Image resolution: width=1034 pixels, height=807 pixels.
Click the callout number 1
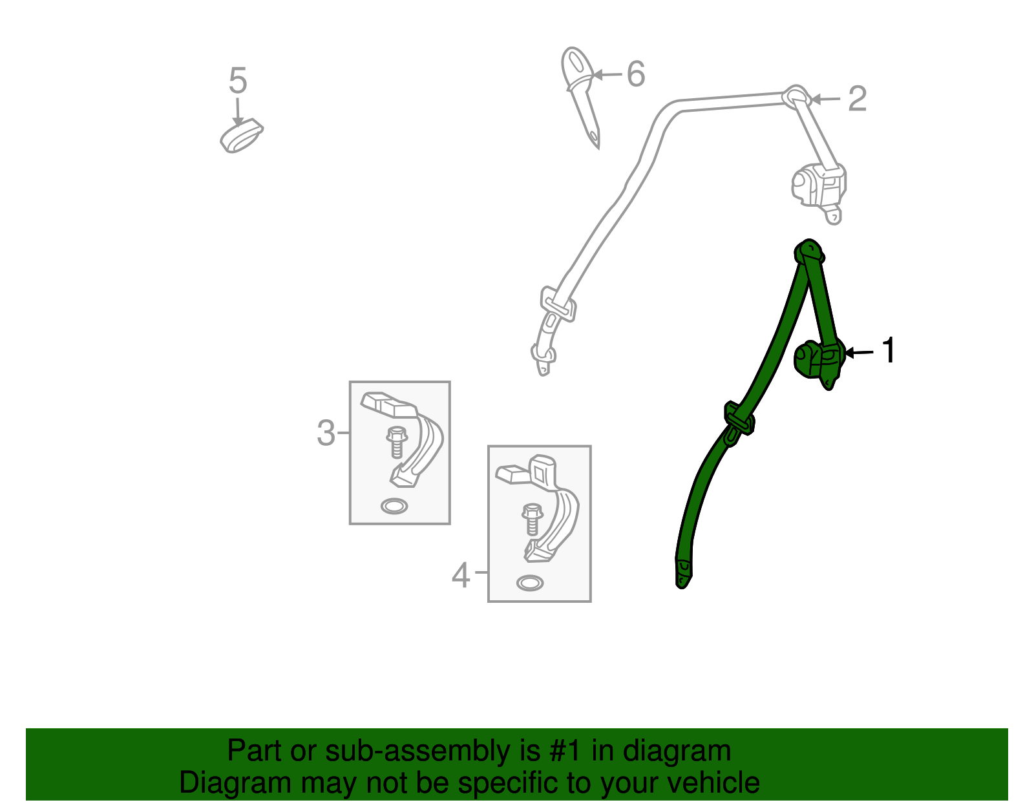point(888,350)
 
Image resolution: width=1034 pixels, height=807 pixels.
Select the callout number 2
point(858,99)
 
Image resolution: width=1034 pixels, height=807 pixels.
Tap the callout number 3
point(326,434)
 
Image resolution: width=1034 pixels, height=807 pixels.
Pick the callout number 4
point(461,576)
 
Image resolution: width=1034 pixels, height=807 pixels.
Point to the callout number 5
point(238,80)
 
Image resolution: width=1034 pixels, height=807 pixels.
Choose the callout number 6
point(636,74)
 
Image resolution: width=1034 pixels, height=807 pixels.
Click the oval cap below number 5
point(241,136)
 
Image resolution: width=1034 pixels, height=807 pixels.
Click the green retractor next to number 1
point(819,363)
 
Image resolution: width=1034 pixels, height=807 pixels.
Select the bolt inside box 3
point(397,442)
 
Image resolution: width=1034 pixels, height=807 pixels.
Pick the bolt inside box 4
point(533,519)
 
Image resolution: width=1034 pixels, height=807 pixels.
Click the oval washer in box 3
point(394,506)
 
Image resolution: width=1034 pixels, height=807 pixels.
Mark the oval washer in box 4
point(530,583)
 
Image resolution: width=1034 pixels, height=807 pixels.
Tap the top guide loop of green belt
point(809,251)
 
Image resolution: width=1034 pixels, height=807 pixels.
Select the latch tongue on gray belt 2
point(558,304)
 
